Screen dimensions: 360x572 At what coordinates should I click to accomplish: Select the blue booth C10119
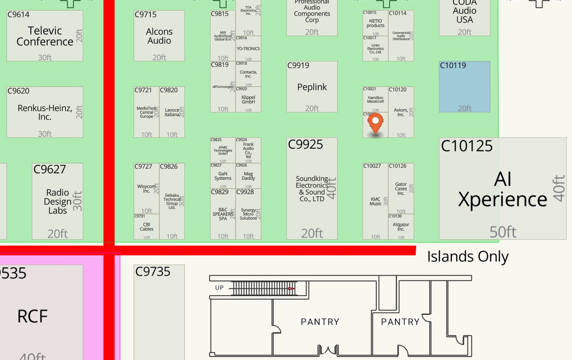464,87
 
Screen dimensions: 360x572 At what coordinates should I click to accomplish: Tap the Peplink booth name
312,87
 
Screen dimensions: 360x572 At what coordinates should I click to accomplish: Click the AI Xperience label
502,189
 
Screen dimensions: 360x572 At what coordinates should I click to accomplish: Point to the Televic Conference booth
45,36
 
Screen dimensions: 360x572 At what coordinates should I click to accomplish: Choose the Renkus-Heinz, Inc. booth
45,113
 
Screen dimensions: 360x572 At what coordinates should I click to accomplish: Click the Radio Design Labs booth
57,201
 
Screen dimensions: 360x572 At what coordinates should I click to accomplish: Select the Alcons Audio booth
159,36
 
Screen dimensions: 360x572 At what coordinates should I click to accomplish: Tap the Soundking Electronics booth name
312,189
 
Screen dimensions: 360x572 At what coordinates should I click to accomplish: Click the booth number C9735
153,272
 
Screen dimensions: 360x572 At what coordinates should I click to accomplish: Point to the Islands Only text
468,257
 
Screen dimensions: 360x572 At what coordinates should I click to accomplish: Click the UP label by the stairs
219,288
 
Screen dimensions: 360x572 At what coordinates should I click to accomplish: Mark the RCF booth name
32,316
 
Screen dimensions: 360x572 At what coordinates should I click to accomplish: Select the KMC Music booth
376,201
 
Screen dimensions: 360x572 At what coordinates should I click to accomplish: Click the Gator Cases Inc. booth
401,189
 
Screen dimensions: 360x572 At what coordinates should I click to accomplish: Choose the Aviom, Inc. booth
401,113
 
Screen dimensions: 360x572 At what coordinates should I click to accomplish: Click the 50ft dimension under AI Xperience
503,232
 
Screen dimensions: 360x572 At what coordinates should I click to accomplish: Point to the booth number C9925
306,144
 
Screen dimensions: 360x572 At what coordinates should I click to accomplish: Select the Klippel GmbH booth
248,100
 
